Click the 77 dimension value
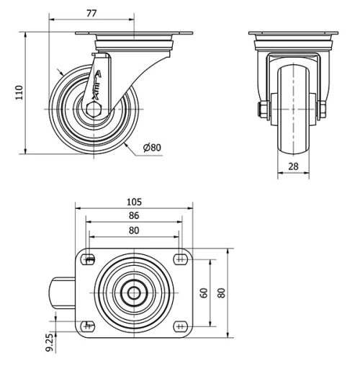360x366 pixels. [91, 12]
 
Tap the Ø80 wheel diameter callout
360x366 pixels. [152, 148]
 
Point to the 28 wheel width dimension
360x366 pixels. [293, 166]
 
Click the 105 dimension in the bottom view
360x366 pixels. [134, 202]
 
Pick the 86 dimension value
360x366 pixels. [134, 215]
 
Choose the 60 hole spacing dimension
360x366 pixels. [204, 293]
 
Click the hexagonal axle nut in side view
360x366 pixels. [94, 110]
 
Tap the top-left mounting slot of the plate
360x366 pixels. [89, 260]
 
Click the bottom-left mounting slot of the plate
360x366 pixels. [89, 325]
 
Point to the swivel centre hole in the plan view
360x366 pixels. [134, 293]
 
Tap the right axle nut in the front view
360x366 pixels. [322, 110]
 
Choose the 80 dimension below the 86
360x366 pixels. [134, 231]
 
